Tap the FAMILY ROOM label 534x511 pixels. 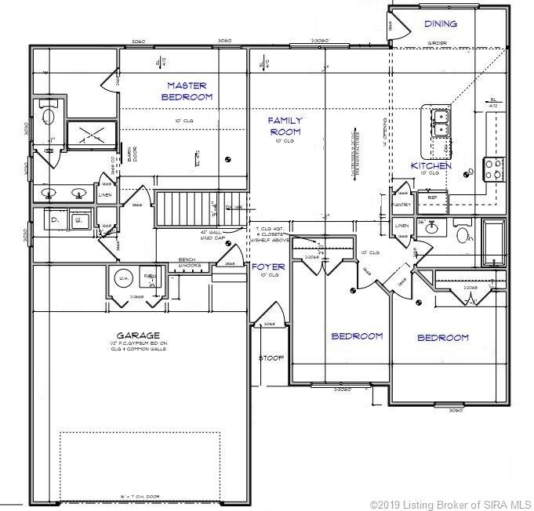coord(285,126)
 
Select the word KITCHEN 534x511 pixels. coord(431,166)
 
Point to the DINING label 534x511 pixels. coord(441,24)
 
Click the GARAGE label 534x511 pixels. coord(135,335)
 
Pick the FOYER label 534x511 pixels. coord(267,267)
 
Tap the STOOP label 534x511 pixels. coord(271,358)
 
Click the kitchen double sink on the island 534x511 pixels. coord(439,122)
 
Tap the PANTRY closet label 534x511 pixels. coord(401,205)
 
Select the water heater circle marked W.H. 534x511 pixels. coord(123,277)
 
